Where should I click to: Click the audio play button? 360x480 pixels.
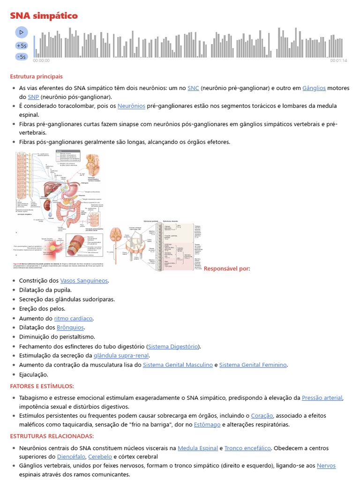[x=21, y=32]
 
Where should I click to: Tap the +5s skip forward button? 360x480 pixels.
[x=21, y=45]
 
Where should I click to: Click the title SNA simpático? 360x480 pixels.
[x=44, y=16]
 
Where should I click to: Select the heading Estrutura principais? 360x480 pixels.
[x=36, y=76]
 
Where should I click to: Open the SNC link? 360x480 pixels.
[x=193, y=88]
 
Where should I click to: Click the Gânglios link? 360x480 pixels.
[x=314, y=88]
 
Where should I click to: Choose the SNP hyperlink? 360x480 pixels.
[x=33, y=97]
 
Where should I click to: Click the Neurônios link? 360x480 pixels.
[x=131, y=106]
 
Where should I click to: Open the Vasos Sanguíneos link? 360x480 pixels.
[x=84, y=281]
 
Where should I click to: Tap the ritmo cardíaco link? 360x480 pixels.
[x=74, y=318]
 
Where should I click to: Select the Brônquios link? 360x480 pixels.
[x=70, y=328]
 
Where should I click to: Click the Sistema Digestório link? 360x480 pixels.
[x=173, y=346]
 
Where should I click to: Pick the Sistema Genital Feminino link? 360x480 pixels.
[x=253, y=365]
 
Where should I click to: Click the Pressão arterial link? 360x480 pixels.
[x=322, y=398]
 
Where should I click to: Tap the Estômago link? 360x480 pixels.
[x=207, y=425]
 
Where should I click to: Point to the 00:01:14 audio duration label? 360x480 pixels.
[x=338, y=61]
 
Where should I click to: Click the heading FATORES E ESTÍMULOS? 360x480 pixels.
[x=42, y=386]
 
